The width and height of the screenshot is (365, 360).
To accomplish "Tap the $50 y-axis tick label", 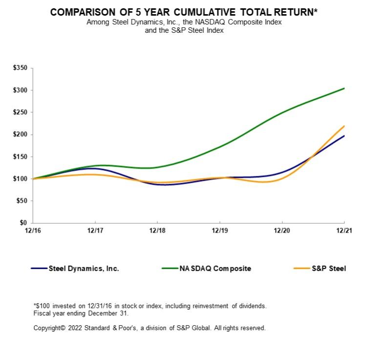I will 22,201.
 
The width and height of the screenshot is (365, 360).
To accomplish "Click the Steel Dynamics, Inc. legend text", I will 84,268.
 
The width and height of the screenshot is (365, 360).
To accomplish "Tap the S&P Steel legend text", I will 328,268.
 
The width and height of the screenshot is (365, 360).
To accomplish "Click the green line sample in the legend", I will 168,268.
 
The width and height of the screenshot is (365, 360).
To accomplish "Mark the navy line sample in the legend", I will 39,268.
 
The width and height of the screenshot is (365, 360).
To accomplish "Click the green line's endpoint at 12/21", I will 344,88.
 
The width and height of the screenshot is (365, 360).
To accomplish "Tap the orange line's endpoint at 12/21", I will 344,126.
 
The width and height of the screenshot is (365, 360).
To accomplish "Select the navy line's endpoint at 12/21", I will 344,136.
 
